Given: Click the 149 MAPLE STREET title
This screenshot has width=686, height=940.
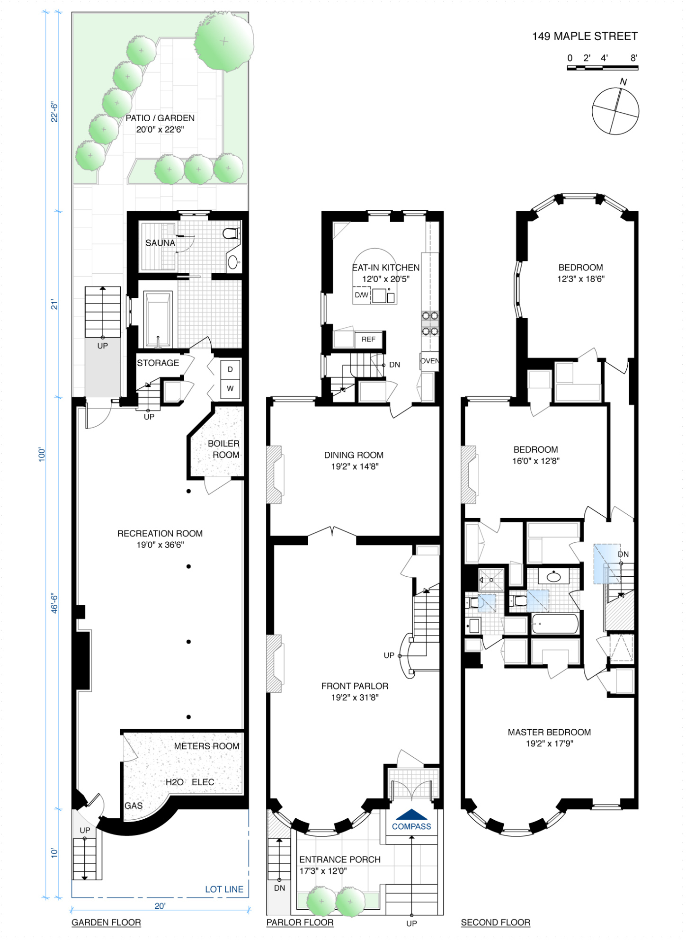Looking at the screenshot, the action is coord(585,36).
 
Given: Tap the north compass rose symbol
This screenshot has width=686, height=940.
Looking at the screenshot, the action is coord(615,111).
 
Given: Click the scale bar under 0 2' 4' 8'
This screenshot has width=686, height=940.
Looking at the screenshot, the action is coord(602,68).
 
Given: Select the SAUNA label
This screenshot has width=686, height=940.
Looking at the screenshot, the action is coord(160,243).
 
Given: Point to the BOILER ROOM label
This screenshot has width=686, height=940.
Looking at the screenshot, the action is coord(224,449).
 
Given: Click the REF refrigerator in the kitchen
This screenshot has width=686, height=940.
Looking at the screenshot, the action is coord(368,339).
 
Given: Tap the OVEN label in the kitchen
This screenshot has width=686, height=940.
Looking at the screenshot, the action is coord(429,361).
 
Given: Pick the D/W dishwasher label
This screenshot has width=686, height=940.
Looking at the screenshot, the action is coord(362,295).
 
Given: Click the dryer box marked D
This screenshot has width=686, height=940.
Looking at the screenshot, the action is coord(230,369).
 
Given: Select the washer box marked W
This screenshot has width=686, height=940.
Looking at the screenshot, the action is coord(230,388).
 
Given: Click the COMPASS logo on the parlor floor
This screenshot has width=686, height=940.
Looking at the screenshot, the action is coord(411,820).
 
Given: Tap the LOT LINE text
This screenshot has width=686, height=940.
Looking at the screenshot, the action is coord(224,889).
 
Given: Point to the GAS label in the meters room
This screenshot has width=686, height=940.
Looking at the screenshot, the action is coord(134,806).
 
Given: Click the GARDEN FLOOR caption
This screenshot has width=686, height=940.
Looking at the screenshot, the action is coord(106,922).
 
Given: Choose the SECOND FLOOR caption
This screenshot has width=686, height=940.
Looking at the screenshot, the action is coord(495,922).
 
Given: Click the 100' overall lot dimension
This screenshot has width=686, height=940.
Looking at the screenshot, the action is coord(42,455).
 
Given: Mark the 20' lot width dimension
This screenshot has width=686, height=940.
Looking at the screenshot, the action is coord(160,906).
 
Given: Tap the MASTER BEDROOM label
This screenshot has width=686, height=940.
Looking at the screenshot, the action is coord(549,732).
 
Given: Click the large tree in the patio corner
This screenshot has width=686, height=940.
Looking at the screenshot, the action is coord(224,41).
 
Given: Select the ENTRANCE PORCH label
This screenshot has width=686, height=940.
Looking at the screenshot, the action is coord(339,859).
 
